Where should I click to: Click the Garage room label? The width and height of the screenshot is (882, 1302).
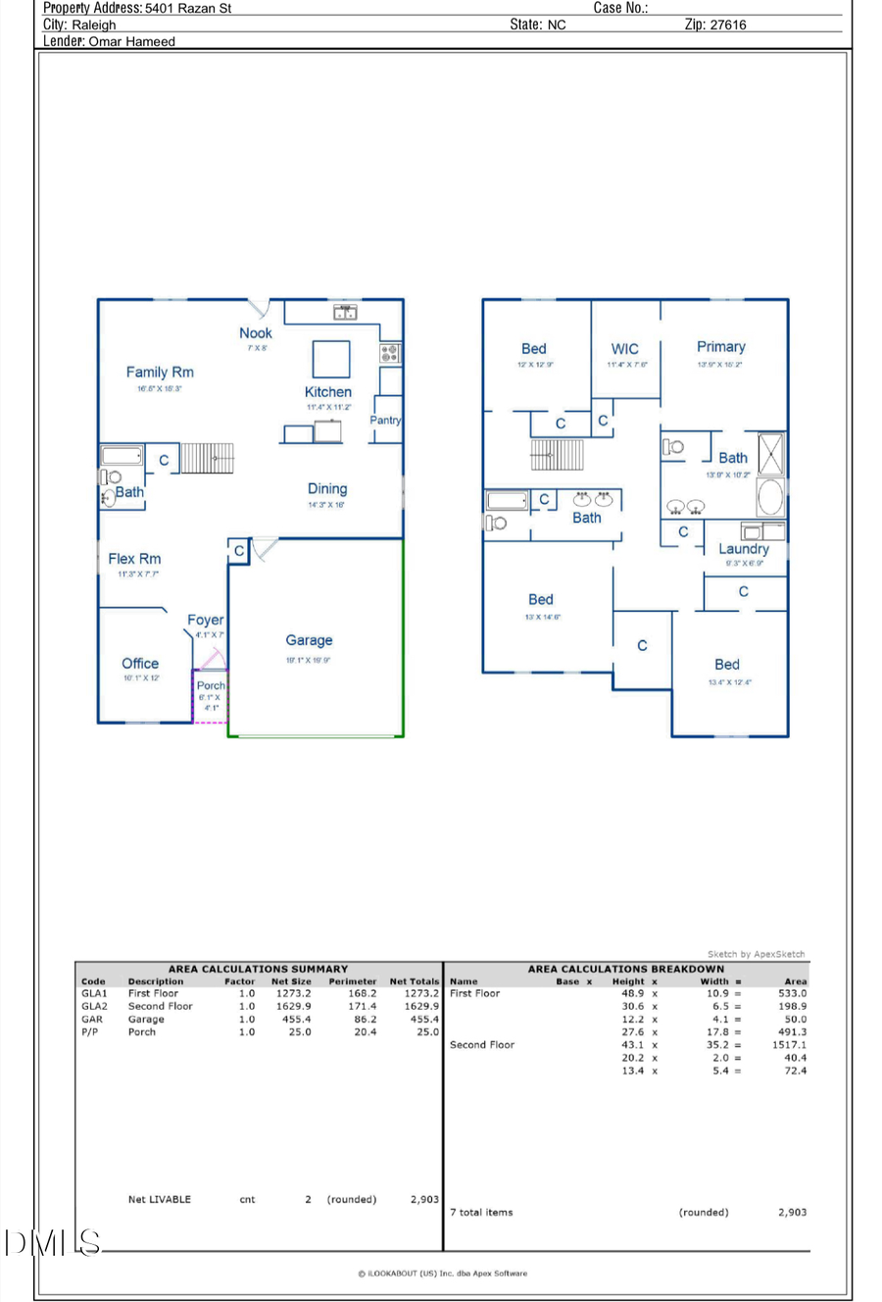[309, 640]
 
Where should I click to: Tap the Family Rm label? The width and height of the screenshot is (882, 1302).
[160, 372]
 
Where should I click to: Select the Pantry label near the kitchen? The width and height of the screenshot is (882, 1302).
[385, 420]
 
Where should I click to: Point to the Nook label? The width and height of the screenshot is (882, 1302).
[256, 333]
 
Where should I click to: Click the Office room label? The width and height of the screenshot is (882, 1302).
[140, 664]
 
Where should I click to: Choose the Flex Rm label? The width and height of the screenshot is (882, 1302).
[134, 559]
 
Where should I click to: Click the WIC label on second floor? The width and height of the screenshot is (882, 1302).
[624, 349]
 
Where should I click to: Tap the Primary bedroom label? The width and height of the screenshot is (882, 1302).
[720, 347]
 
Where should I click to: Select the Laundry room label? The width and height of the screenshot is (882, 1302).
[743, 549]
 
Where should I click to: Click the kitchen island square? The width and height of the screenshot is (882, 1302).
[331, 359]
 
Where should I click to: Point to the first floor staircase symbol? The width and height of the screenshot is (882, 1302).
[207, 458]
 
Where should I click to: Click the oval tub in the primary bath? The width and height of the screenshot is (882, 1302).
[771, 497]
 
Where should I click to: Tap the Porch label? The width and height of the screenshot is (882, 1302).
[211, 685]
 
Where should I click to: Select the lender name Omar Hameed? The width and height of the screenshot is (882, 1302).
[131, 42]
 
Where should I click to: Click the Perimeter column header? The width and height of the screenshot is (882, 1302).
[353, 981]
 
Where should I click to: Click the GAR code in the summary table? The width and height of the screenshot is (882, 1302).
[92, 1020]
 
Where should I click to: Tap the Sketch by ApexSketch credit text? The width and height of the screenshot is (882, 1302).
[756, 954]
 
